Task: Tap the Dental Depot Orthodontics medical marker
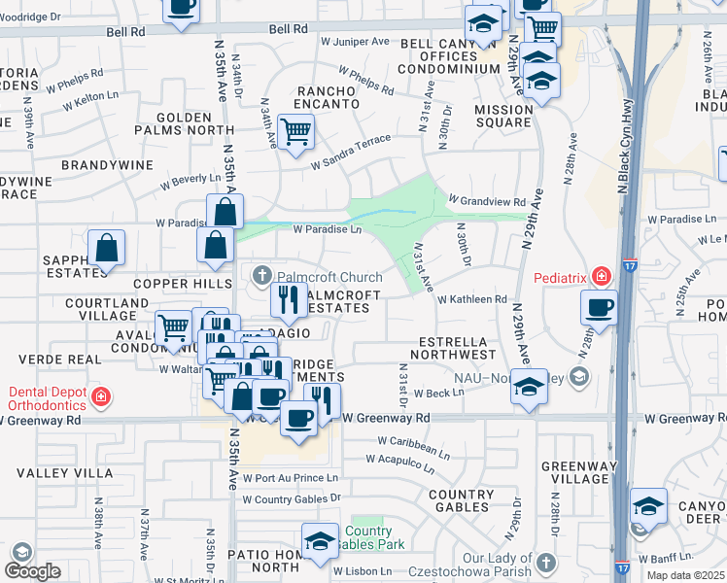100,397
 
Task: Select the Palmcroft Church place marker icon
261,277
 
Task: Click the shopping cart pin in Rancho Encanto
295,131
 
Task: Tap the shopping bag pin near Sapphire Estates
107,248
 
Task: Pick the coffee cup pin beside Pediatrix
600,308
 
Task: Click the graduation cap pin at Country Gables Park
320,542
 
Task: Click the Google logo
32,572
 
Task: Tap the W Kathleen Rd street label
472,300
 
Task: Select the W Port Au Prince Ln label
291,478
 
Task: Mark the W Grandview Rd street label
486,201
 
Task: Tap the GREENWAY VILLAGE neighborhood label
579,472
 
